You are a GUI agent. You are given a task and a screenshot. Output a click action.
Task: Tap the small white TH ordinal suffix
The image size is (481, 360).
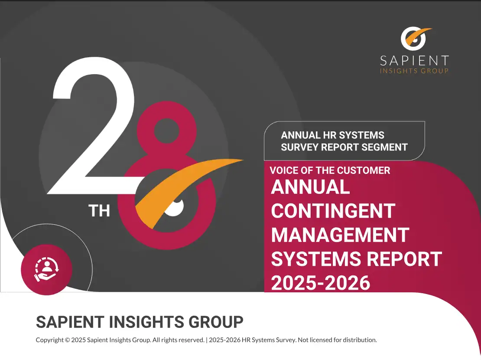click(99, 211)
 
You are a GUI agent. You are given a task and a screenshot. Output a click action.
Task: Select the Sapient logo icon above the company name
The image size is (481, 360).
click(415, 39)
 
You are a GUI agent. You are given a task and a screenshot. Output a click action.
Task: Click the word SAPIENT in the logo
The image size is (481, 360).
click(414, 61)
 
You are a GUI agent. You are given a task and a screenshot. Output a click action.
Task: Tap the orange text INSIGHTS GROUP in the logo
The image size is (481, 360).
click(414, 71)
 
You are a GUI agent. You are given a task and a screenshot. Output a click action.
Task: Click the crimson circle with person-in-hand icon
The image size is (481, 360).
click(47, 270)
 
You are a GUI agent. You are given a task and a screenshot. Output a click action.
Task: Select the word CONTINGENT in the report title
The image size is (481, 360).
click(333, 211)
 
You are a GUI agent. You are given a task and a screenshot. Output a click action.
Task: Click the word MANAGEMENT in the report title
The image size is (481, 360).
click(340, 235)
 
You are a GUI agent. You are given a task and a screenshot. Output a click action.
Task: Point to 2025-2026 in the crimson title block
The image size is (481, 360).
click(321, 283)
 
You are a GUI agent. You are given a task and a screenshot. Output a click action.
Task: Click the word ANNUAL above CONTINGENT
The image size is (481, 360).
click(310, 187)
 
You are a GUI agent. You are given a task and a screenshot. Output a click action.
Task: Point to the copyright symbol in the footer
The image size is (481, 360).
click(67, 340)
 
